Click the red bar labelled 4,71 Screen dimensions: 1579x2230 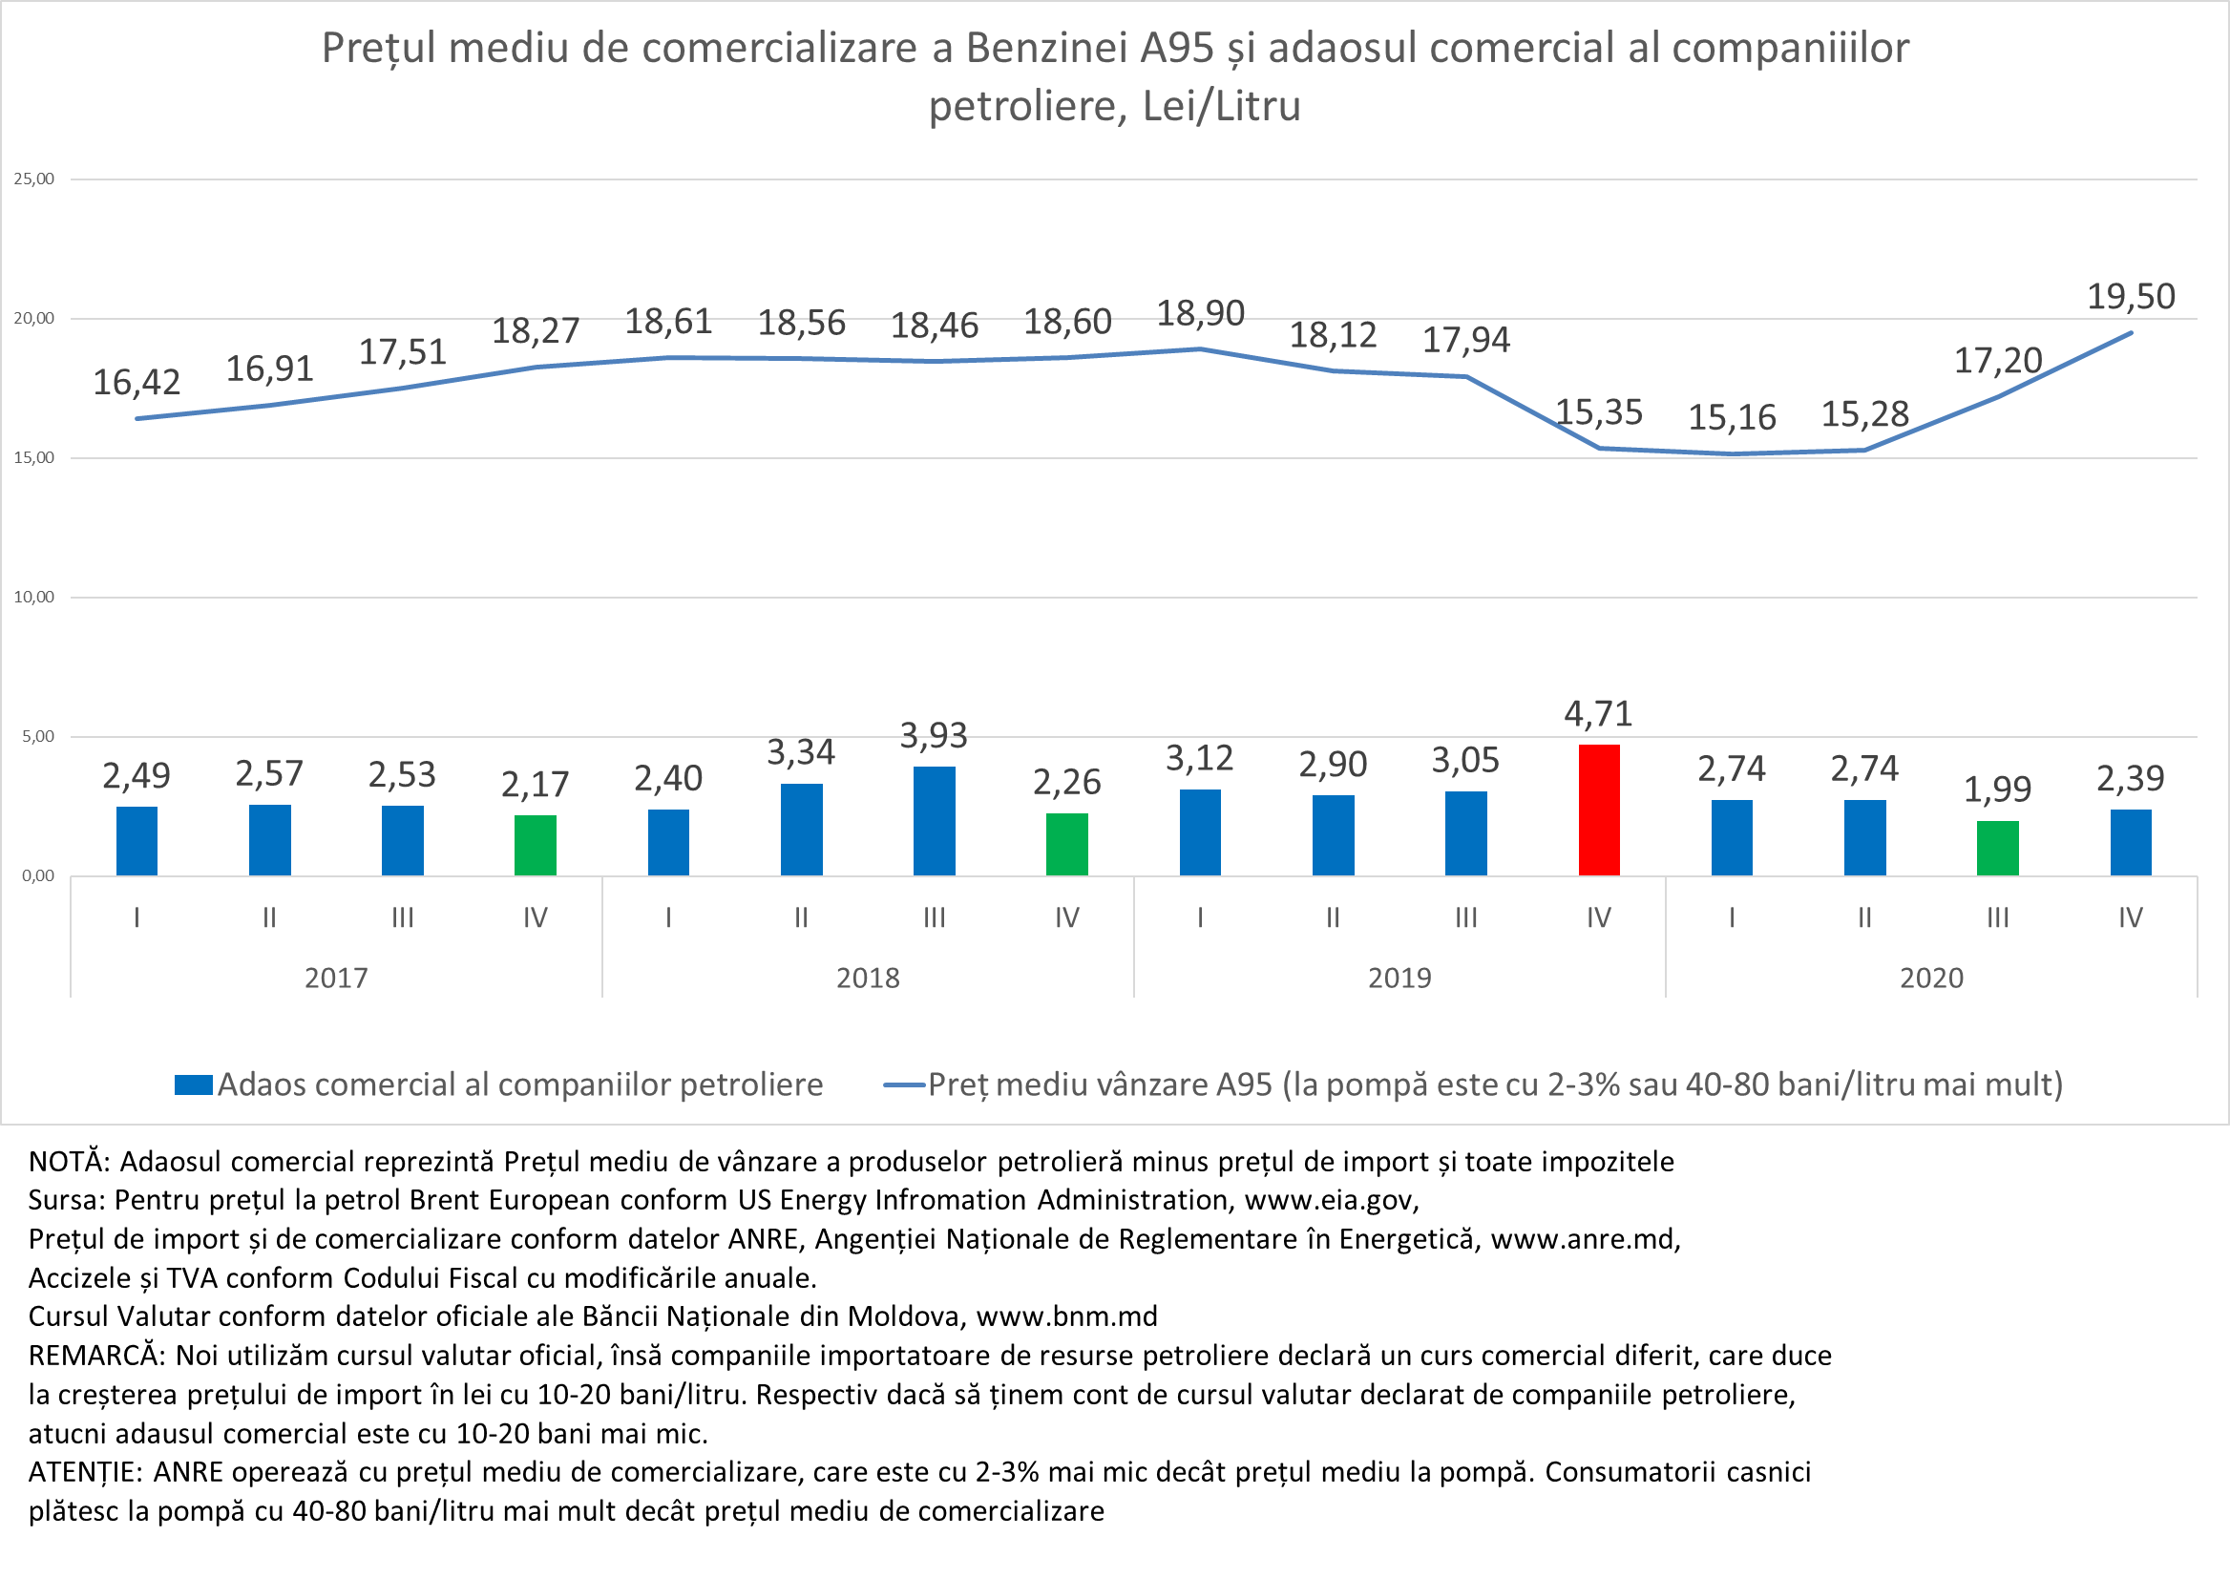point(1598,810)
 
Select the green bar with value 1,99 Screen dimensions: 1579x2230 point(1998,848)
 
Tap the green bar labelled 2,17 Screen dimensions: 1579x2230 point(535,845)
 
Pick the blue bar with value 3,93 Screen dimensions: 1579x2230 point(935,821)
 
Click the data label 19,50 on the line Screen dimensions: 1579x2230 point(2131,296)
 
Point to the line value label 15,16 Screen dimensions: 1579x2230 point(1732,417)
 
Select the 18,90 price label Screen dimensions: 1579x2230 point(1200,313)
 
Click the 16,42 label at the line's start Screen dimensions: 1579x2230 point(137,382)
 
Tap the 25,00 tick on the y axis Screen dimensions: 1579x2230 point(34,179)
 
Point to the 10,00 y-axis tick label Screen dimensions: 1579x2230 point(34,597)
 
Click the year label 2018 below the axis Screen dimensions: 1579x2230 point(867,978)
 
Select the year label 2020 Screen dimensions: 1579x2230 point(1931,978)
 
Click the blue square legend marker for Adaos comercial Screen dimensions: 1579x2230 point(194,1085)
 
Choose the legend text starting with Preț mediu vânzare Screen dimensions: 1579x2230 point(1495,1084)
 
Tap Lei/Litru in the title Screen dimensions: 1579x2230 point(1221,106)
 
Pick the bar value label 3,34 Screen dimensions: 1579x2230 point(800,751)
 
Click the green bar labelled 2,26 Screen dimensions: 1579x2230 point(1066,844)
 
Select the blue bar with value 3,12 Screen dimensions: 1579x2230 point(1200,832)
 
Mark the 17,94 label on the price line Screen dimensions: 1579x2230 point(1466,339)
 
